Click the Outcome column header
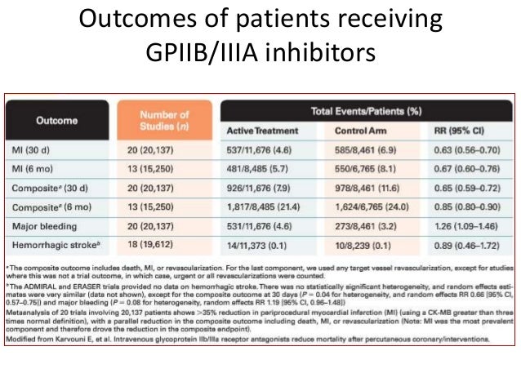click(56, 120)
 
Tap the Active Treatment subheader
click(263, 131)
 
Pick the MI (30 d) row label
click(49, 149)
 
